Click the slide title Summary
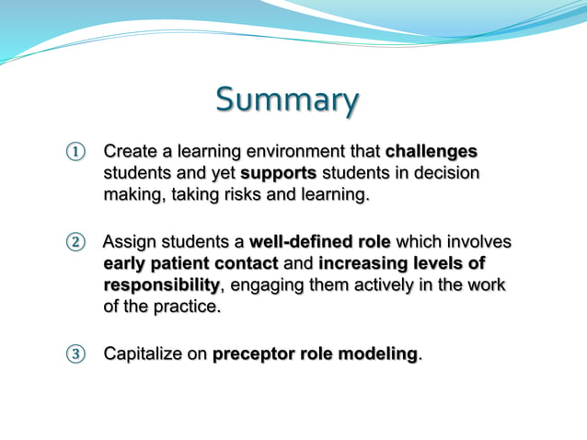click(x=288, y=100)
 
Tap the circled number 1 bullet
click(x=74, y=151)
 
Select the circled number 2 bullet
click(x=74, y=243)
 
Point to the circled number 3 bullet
click(x=74, y=354)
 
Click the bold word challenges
click(x=432, y=150)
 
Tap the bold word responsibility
click(x=161, y=285)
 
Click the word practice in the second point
click(x=190, y=307)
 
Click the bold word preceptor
click(x=253, y=354)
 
